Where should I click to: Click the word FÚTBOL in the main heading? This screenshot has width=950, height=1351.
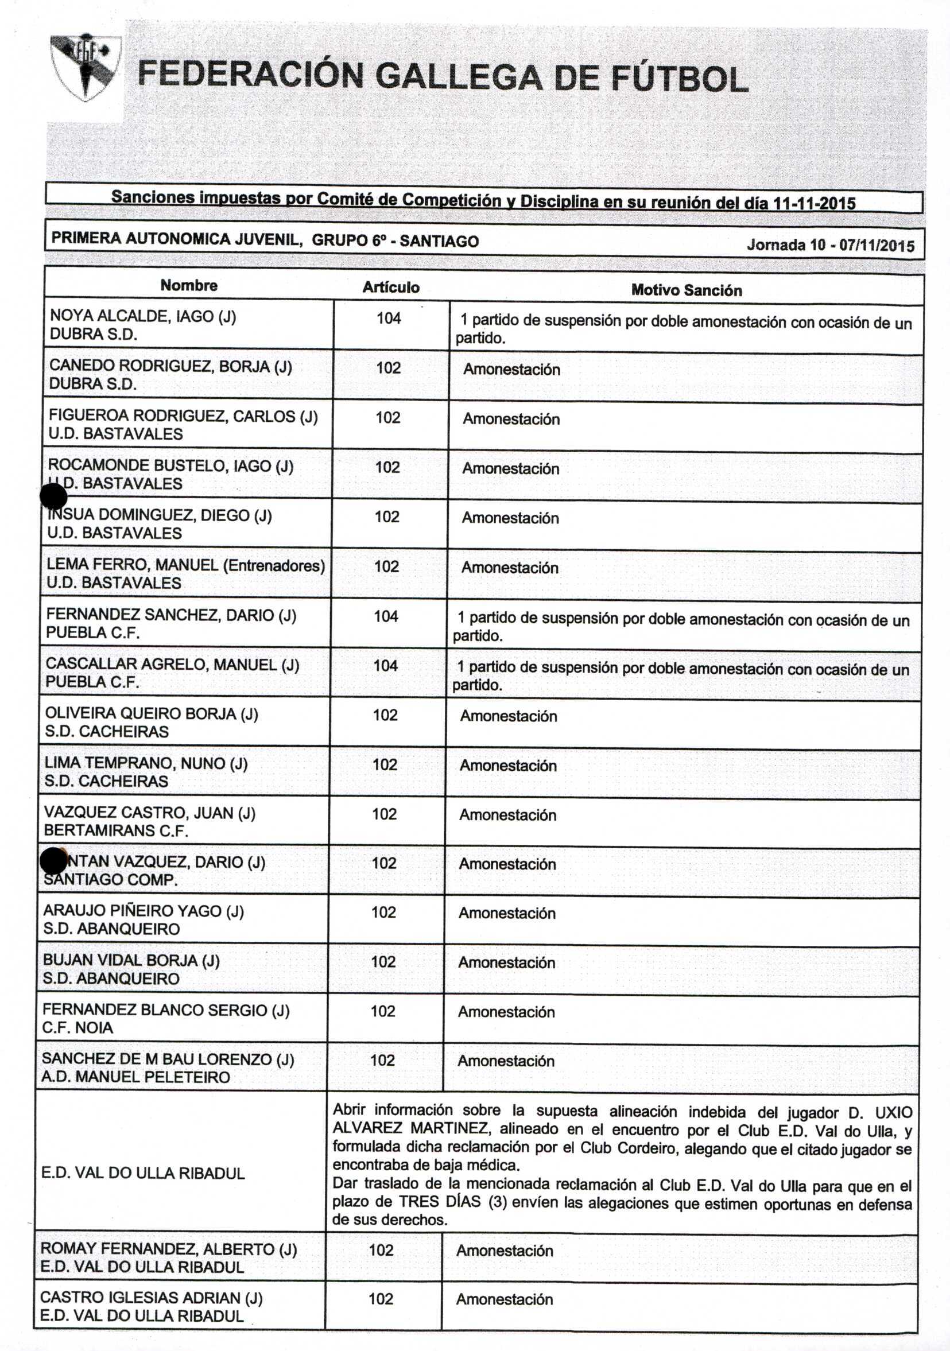(x=680, y=79)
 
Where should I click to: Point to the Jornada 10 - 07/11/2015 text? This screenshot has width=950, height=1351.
(x=830, y=245)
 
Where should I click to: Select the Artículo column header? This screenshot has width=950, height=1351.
(x=391, y=287)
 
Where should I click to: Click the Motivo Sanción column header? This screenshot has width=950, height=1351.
(x=687, y=290)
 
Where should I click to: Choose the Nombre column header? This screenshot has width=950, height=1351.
(x=189, y=285)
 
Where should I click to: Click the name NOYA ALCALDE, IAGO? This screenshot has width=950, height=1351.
(x=132, y=316)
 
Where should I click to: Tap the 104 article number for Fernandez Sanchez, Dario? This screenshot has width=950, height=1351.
(x=386, y=616)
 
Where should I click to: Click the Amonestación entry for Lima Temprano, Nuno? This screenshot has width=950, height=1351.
(x=508, y=766)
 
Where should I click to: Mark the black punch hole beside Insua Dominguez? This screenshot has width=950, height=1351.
(x=53, y=497)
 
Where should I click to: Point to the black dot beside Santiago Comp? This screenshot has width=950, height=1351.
(x=53, y=861)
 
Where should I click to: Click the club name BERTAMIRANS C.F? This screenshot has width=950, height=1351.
(x=116, y=831)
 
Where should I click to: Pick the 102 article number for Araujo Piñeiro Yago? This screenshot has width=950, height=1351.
(x=384, y=912)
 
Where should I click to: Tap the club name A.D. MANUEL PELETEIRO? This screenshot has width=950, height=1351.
(x=136, y=1077)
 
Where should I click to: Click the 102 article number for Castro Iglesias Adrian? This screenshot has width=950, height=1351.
(x=381, y=1299)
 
